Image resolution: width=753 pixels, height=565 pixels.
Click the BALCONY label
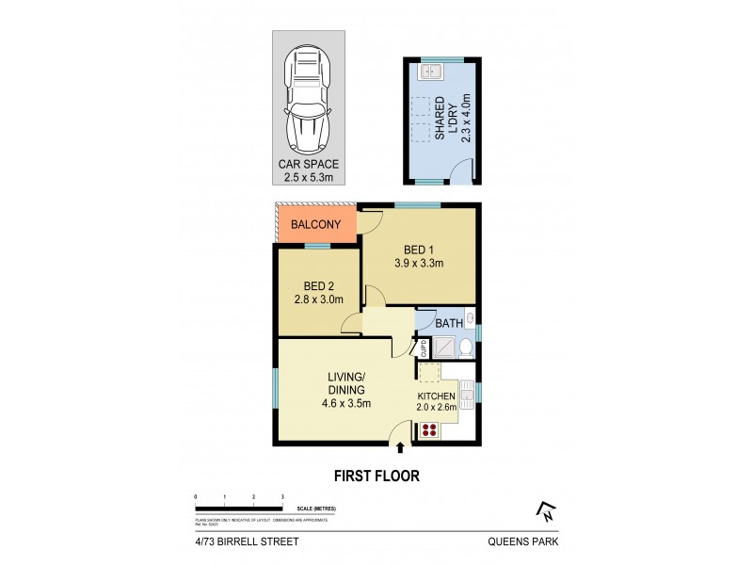[315, 226]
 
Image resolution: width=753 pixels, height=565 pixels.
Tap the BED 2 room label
[319, 286]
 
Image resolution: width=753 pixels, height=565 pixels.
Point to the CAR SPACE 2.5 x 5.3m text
[310, 169]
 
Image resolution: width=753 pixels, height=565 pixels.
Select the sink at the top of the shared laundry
[434, 70]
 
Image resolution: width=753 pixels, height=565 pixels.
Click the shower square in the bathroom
[441, 347]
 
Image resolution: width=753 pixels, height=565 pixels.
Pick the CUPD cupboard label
[425, 348]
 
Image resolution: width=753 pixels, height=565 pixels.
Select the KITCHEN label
[437, 396]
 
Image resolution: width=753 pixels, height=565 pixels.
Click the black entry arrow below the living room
[402, 448]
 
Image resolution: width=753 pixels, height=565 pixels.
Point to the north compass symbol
[545, 511]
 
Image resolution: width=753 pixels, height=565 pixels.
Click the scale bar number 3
[282, 495]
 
